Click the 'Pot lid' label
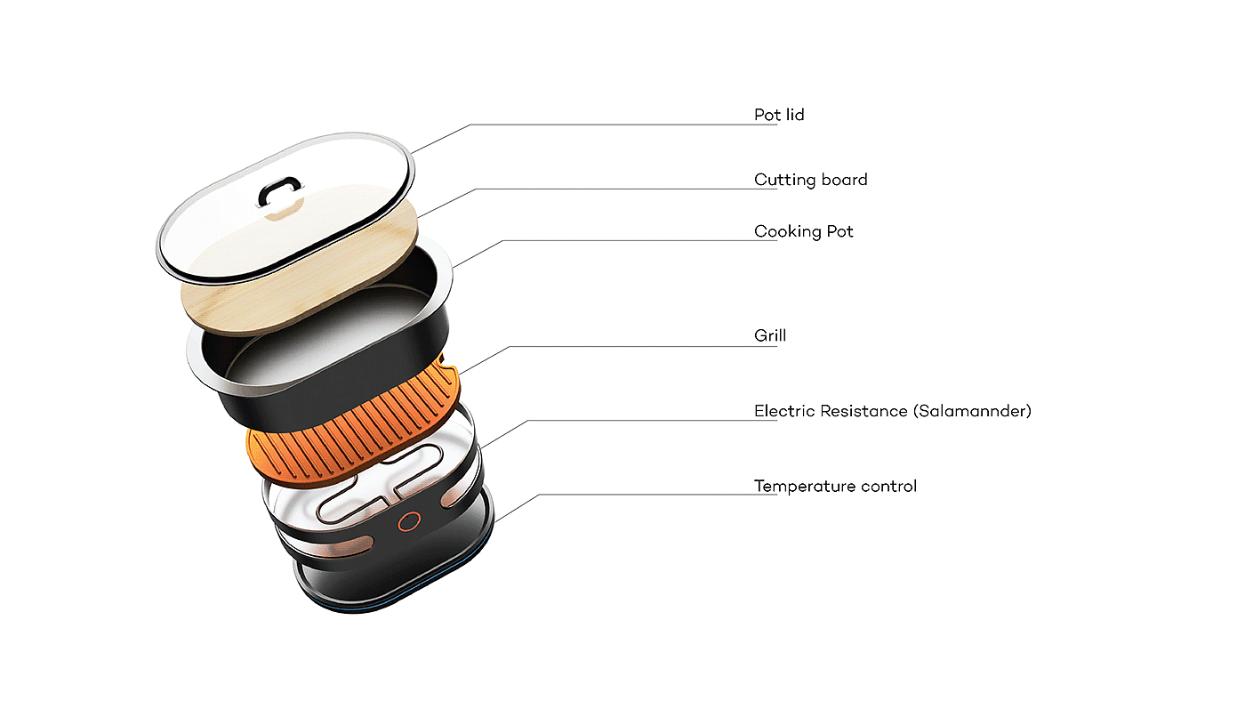pyautogui.click(x=779, y=115)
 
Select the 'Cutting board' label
pyautogui.click(x=810, y=180)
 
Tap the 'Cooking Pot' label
pyautogui.click(x=803, y=231)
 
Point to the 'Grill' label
pyautogui.click(x=770, y=336)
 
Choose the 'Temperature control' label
pyautogui.click(x=835, y=486)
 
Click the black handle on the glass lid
pyautogui.click(x=279, y=189)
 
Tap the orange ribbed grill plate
pyautogui.click(x=356, y=418)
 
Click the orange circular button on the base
pyautogui.click(x=408, y=522)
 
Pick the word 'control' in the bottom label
pyautogui.click(x=889, y=486)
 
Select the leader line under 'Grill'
pyautogui.click(x=622, y=346)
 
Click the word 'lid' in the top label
pyautogui.click(x=794, y=115)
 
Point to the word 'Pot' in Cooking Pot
pyautogui.click(x=839, y=231)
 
